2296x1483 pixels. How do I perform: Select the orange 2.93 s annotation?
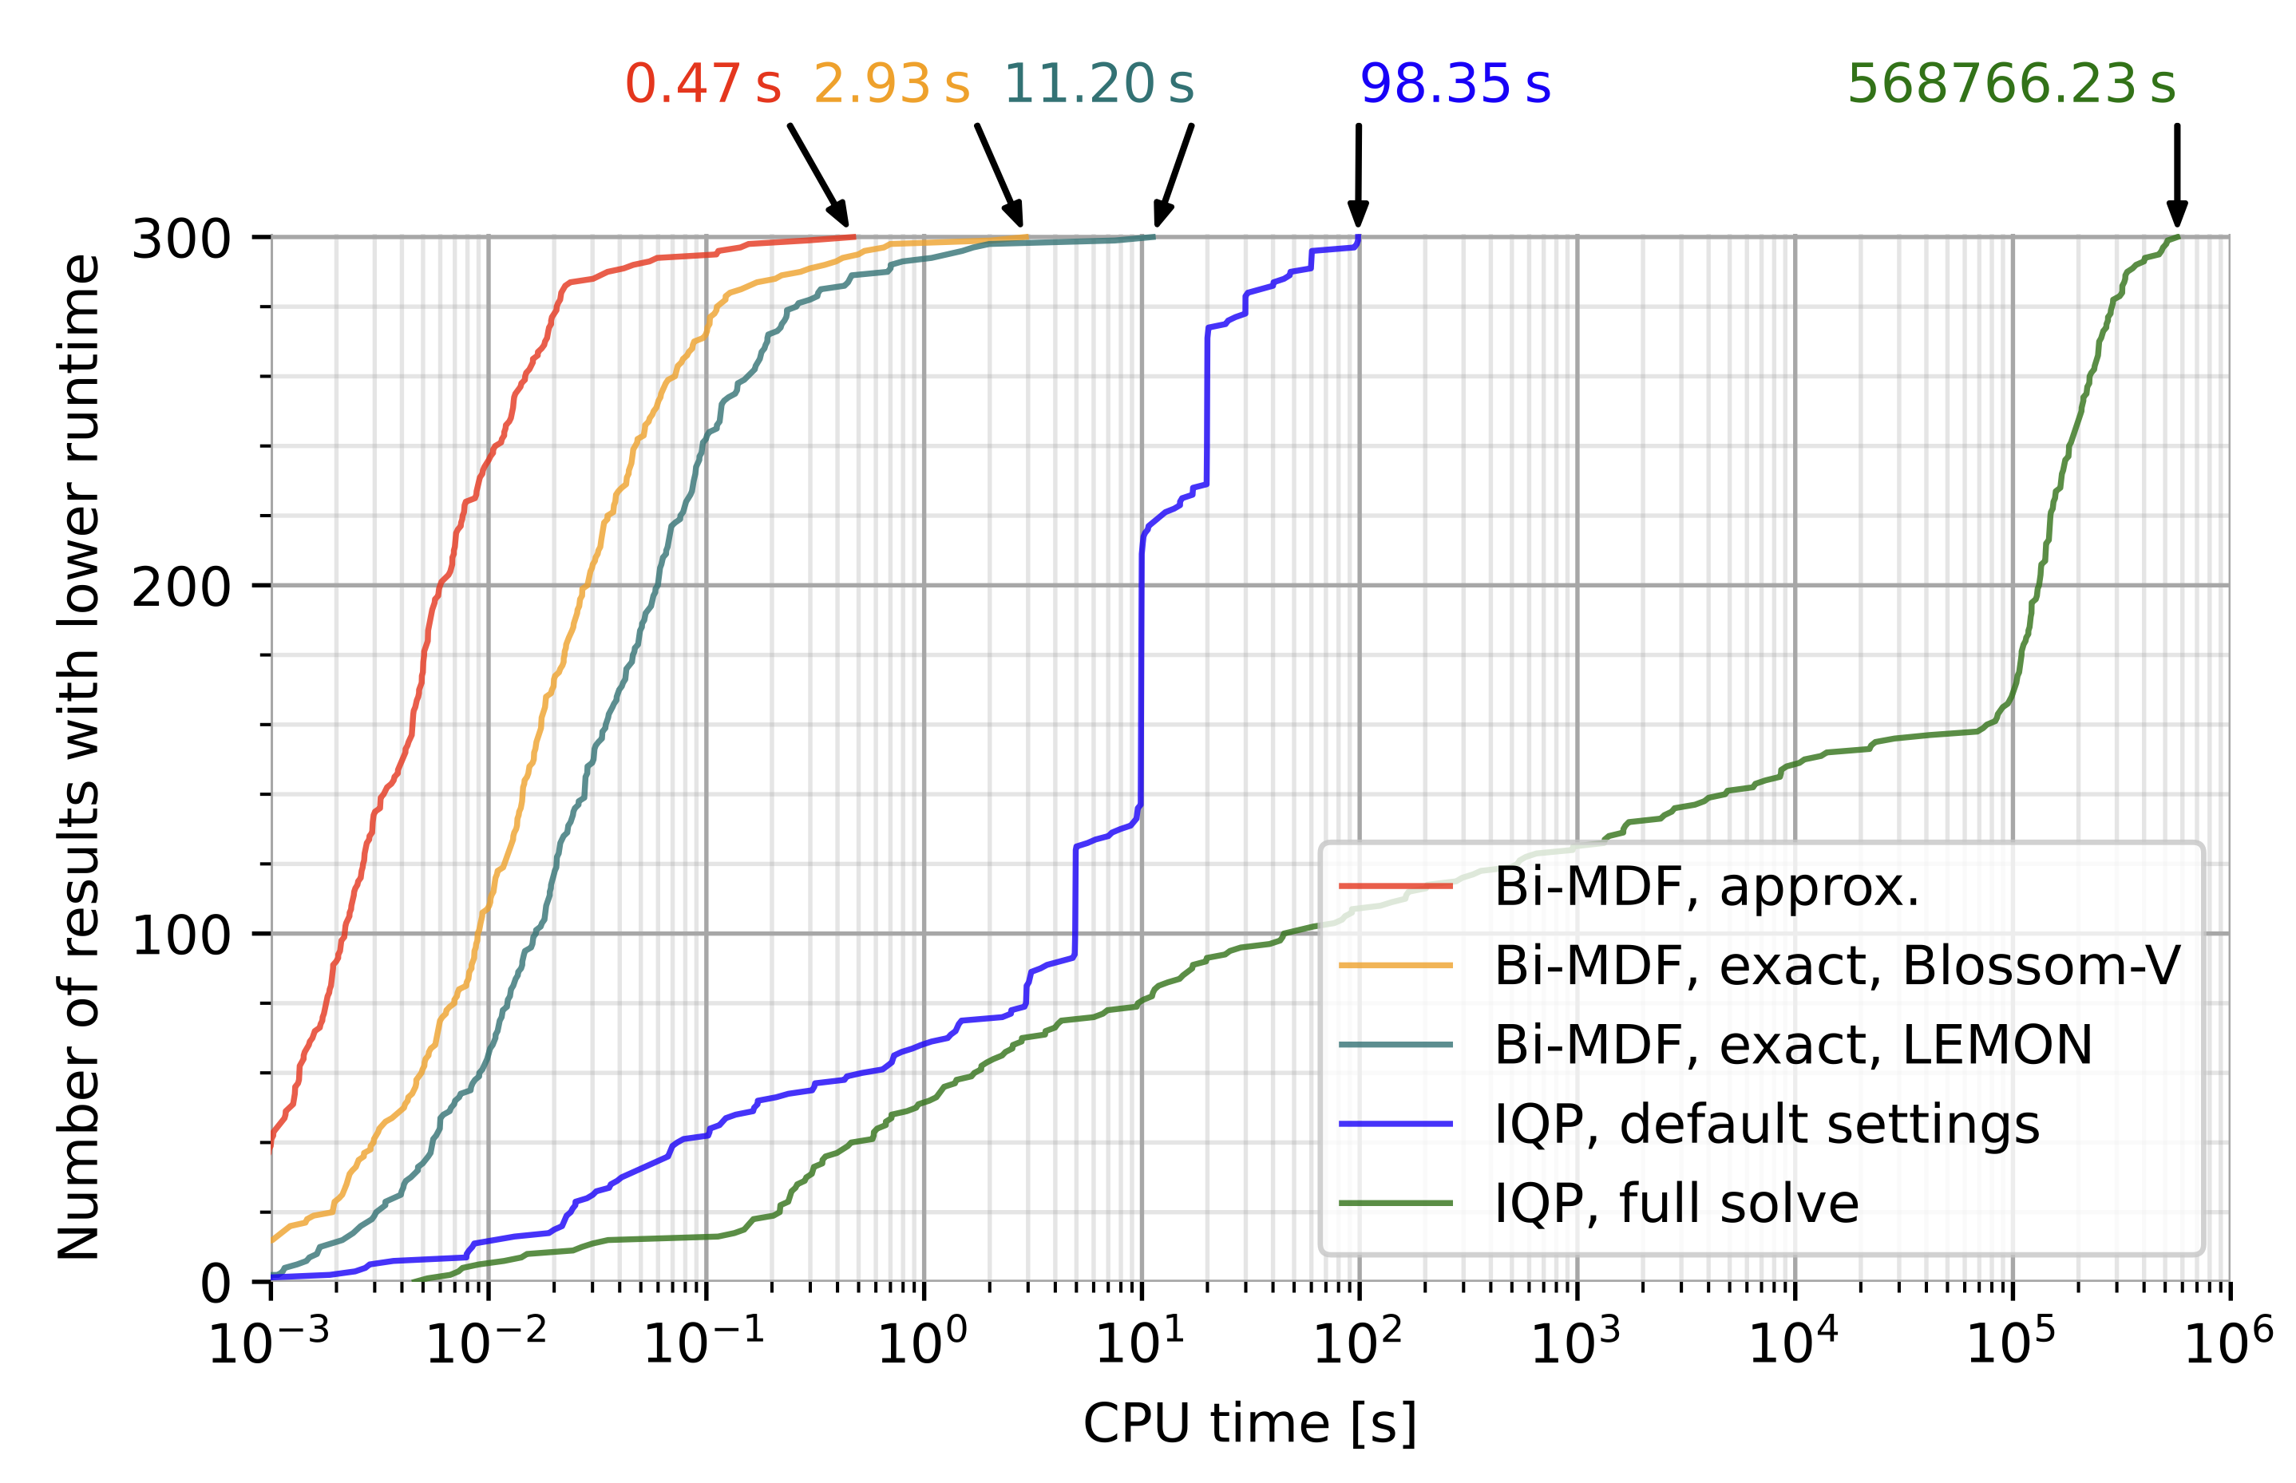coord(891,84)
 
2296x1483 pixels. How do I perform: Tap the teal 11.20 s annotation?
coord(1098,84)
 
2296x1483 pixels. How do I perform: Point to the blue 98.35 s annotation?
coord(1455,84)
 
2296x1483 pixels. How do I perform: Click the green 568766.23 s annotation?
coord(2011,84)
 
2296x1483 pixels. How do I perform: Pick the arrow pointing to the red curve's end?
coord(817,174)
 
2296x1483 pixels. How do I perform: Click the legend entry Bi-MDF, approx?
coord(1705,886)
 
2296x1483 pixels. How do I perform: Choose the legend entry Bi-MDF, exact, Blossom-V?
coord(1835,965)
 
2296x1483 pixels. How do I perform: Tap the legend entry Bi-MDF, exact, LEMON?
coord(1792,1044)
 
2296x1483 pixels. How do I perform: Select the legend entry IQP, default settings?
coord(1766,1123)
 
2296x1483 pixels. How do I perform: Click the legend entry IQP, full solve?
coord(1676,1203)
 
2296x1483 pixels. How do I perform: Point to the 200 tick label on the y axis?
coord(181,587)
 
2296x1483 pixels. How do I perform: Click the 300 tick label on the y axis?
coord(181,238)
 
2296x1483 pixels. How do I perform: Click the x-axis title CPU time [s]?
coord(1249,1424)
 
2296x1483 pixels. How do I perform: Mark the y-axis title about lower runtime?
coord(79,757)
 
